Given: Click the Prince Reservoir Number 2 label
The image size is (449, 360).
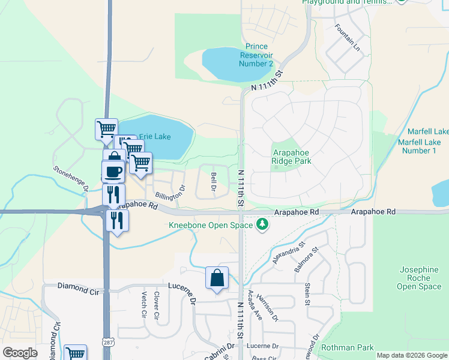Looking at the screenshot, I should pyautogui.click(x=256, y=55).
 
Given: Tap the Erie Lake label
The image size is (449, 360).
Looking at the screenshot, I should pyautogui.click(x=155, y=137).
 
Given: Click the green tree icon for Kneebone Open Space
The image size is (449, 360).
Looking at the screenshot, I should pyautogui.click(x=262, y=225).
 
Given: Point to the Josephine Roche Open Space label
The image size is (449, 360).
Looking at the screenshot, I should pyautogui.click(x=418, y=278).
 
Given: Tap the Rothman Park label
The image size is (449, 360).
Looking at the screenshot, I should pyautogui.click(x=348, y=347).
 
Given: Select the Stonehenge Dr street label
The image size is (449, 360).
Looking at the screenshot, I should pyautogui.click(x=71, y=178).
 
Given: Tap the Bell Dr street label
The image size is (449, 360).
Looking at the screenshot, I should pyautogui.click(x=214, y=182).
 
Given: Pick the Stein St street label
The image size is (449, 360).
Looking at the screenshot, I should pyautogui.click(x=307, y=294).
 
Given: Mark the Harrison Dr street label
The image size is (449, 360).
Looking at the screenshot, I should pyautogui.click(x=267, y=305).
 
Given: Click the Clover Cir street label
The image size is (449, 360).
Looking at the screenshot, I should pyautogui.click(x=156, y=305).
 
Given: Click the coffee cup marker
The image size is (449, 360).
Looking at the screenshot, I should pyautogui.click(x=113, y=172).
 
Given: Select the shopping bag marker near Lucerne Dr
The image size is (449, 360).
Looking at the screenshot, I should pyautogui.click(x=217, y=277).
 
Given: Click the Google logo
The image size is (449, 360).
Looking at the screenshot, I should pyautogui.click(x=20, y=353).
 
